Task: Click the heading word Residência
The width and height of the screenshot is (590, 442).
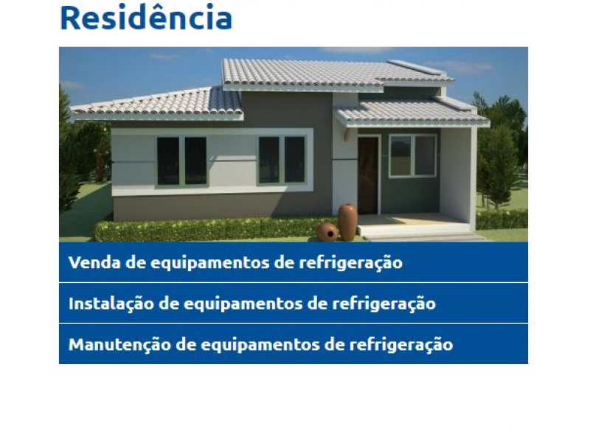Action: pyautogui.click(x=145, y=18)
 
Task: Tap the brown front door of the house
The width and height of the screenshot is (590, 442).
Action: pyautogui.click(x=367, y=175)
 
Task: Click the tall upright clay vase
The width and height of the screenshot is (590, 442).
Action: pyautogui.click(x=348, y=222)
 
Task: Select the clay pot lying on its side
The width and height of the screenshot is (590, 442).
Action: pyautogui.click(x=327, y=232)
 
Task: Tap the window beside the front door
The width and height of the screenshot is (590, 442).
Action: pyautogui.click(x=412, y=155)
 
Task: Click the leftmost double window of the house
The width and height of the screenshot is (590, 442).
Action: pyautogui.click(x=181, y=161)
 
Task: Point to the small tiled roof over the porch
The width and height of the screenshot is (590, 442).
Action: pyautogui.click(x=410, y=113)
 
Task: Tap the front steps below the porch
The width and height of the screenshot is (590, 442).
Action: pyautogui.click(x=420, y=234)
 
